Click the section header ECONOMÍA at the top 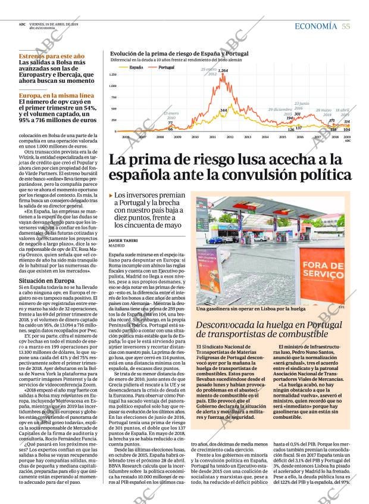click(316, 26)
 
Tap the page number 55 click(346, 26)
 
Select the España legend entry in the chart click(136, 67)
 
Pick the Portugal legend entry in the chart click(166, 67)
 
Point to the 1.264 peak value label click(223, 71)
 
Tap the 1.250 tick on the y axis click(113, 75)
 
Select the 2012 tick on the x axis click(230, 136)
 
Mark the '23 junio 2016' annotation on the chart click(302, 105)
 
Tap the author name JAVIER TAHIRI click(123, 240)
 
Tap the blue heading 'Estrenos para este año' click(51, 56)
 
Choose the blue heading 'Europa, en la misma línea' click(56, 95)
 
